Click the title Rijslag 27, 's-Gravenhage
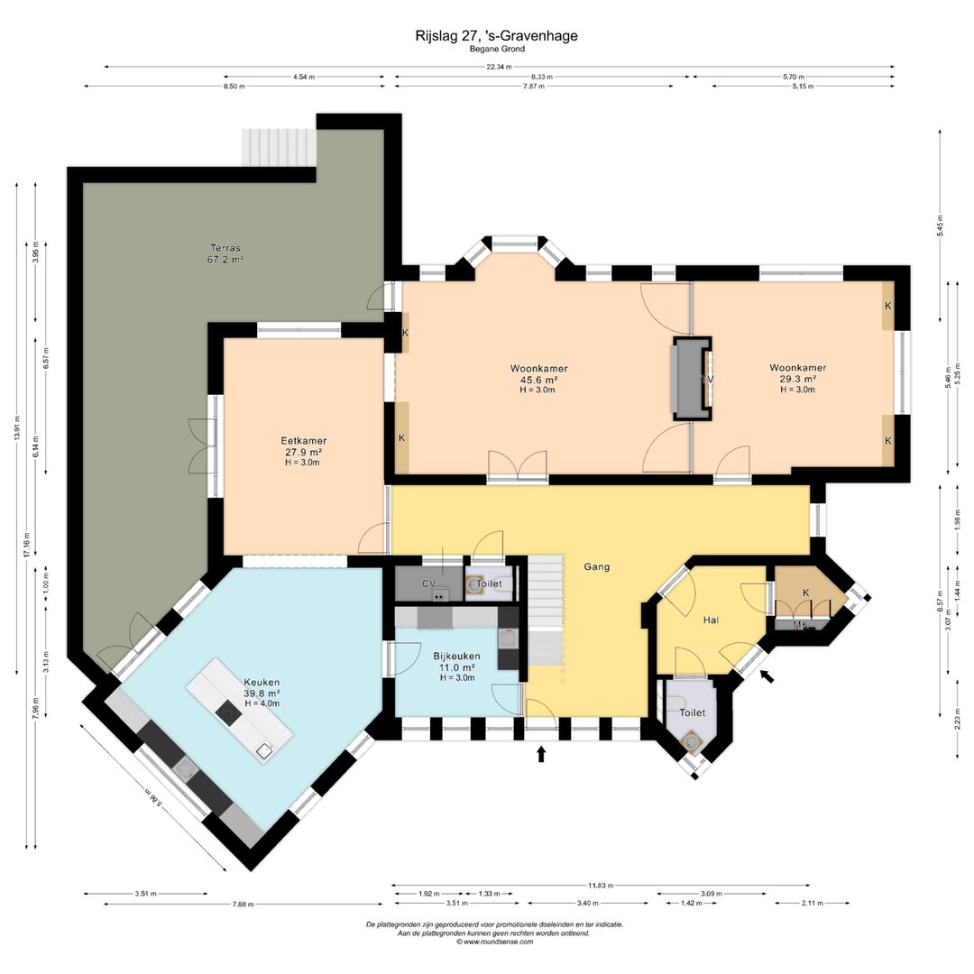(x=496, y=36)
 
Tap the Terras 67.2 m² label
(x=225, y=254)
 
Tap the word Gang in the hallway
(x=596, y=566)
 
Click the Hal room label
(x=711, y=620)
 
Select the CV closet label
(x=428, y=583)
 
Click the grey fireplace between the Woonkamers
(x=691, y=379)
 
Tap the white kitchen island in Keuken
(x=240, y=710)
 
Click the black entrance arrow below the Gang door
(x=541, y=754)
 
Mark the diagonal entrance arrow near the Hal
(x=767, y=675)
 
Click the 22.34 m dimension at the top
(x=499, y=67)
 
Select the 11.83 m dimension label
(x=601, y=886)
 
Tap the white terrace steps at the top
(x=279, y=147)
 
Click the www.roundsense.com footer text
(x=494, y=942)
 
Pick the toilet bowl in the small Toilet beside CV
(x=475, y=584)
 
